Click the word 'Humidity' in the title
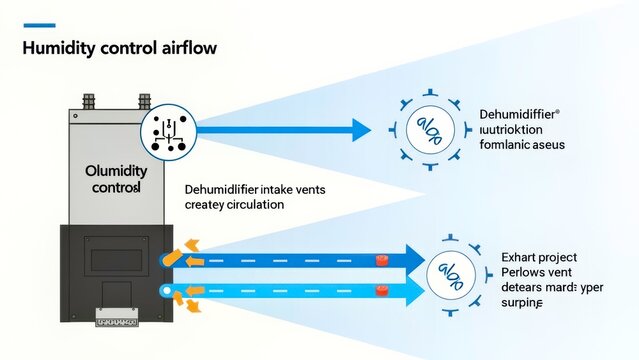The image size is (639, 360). (x=61, y=47)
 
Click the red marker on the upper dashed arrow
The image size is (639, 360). (x=381, y=261)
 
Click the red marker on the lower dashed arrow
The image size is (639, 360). (x=381, y=292)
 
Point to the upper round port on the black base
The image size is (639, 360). (x=166, y=260)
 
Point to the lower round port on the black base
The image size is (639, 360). (x=166, y=291)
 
